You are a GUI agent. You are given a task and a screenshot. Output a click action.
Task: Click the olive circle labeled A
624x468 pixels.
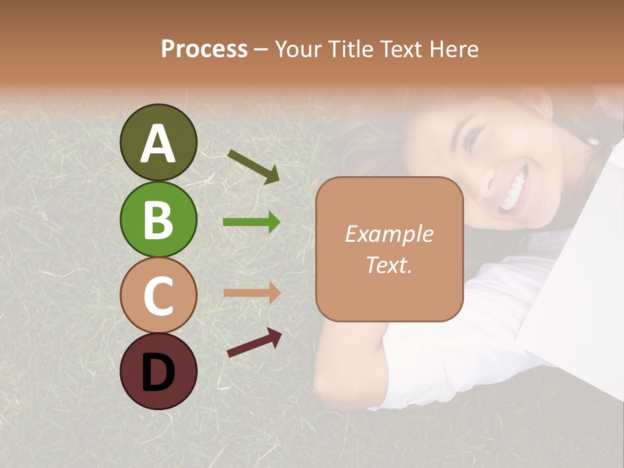[158, 142]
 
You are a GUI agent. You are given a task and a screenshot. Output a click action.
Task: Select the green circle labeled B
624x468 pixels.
[158, 219]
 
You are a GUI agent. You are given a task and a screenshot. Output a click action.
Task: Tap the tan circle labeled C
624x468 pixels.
[158, 295]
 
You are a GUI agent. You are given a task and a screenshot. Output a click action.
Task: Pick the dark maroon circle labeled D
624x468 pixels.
[158, 371]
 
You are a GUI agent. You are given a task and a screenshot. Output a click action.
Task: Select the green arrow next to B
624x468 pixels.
[252, 222]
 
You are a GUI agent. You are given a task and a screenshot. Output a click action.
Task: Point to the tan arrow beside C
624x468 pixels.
[252, 292]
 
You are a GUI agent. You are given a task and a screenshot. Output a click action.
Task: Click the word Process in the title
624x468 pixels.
[204, 49]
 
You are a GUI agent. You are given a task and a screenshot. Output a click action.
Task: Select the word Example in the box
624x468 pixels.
[389, 234]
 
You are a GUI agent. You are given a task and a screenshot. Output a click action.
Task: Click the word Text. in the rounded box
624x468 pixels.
[389, 265]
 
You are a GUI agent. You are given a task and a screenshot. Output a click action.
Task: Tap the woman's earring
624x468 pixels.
[592, 140]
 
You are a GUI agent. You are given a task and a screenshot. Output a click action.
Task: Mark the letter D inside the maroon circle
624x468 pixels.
[158, 372]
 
